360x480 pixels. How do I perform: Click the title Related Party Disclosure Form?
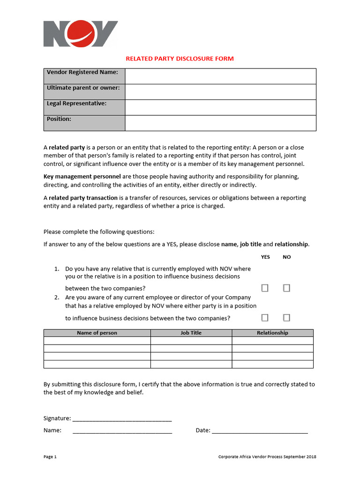pos(180,59)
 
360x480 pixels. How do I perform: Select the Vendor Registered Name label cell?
pos(85,76)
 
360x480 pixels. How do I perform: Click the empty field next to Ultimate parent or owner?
pos(220,92)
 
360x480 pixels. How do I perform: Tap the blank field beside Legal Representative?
pos(220,107)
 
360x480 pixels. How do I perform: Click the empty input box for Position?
pos(220,123)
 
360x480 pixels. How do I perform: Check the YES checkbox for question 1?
pos(265,288)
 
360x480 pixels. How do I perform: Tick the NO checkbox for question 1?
pos(286,288)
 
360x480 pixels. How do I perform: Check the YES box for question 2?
pos(265,318)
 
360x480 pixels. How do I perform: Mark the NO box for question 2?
pos(286,318)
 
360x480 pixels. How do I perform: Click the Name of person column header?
pos(97,333)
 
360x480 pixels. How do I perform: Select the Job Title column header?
pos(191,333)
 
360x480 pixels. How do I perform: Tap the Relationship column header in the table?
pos(272,333)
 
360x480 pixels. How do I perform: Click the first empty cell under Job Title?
pos(191,341)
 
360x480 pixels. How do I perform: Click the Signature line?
pos(122,419)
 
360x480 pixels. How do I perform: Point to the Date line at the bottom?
pos(260,431)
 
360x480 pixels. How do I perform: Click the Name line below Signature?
pos(122,431)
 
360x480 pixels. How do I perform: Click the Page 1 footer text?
pos(50,457)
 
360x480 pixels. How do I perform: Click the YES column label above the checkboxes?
pos(265,257)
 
